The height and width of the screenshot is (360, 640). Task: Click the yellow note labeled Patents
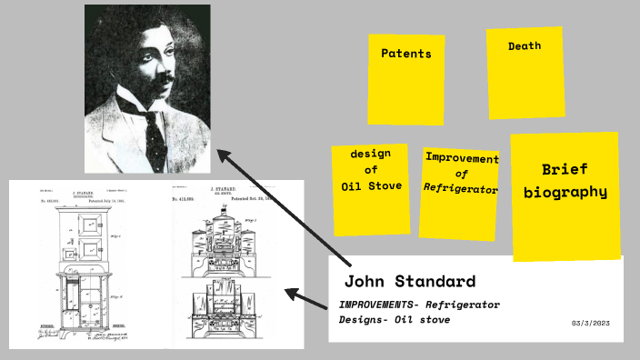pos(405,79)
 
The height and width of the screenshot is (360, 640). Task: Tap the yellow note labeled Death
pos(524,72)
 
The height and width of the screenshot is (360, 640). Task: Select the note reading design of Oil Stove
pos(370,187)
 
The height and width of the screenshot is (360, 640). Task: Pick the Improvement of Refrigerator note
pos(460,193)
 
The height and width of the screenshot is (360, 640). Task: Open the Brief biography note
pos(565,195)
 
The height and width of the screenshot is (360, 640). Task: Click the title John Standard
pos(409,280)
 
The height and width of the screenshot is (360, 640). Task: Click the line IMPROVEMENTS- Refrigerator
pos(419,305)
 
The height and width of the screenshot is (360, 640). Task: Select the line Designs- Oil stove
pos(394,320)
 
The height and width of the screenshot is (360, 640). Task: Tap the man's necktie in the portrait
pos(155,136)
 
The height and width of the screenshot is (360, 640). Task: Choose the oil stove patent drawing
pos(226,264)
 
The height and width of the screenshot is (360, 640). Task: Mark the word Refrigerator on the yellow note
pos(461,189)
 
